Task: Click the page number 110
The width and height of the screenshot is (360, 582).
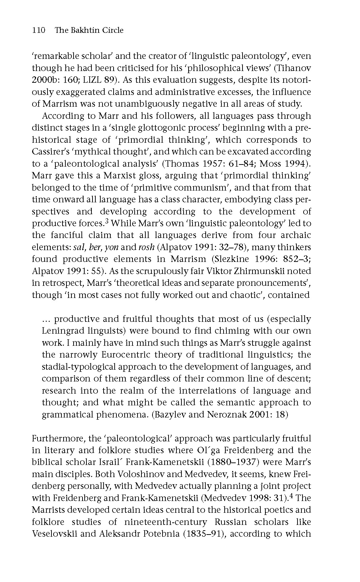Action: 39,30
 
